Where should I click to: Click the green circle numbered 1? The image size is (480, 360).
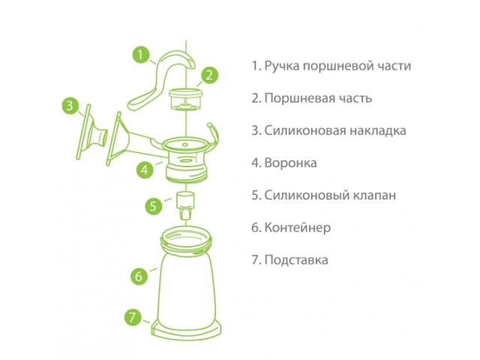pyautogui.click(x=141, y=55)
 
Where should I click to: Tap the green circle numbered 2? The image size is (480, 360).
pyautogui.click(x=209, y=75)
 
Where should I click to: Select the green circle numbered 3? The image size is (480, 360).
pyautogui.click(x=70, y=106)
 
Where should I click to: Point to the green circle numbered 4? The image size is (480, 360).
pyautogui.click(x=145, y=169)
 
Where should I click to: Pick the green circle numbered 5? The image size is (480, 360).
pyautogui.click(x=153, y=205)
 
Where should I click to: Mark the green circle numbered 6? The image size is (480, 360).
pyautogui.click(x=139, y=277)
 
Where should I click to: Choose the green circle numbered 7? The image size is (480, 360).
pyautogui.click(x=133, y=317)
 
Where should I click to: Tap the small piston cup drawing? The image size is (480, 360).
pyautogui.click(x=186, y=100)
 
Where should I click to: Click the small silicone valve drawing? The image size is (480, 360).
pyautogui.click(x=186, y=205)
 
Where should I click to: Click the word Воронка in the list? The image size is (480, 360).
pyautogui.click(x=290, y=163)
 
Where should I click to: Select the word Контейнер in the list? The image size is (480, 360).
pyautogui.click(x=298, y=228)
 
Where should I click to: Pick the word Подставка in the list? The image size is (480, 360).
pyautogui.click(x=296, y=260)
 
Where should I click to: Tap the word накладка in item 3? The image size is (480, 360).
pyautogui.click(x=378, y=130)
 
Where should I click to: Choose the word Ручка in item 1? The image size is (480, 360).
pyautogui.click(x=282, y=66)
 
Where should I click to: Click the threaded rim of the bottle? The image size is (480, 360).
pyautogui.click(x=186, y=241)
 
